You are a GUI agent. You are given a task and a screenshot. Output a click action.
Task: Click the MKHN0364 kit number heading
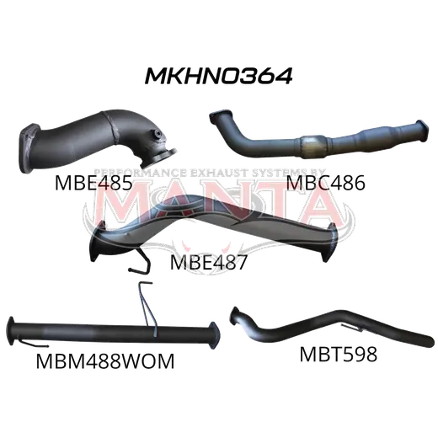[218, 76]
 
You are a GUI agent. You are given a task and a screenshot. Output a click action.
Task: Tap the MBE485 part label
[93, 183]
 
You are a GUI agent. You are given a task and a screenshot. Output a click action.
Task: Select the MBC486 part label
[325, 183]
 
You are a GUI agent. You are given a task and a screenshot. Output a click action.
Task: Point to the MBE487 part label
[209, 262]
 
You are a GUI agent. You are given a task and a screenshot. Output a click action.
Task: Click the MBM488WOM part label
[105, 361]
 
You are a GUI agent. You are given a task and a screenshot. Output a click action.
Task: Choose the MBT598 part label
[339, 355]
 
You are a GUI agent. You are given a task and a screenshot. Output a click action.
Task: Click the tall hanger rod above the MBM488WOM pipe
[148, 309]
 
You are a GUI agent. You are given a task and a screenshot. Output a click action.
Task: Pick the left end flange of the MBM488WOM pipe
[11, 331]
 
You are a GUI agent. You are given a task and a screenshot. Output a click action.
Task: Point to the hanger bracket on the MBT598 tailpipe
[351, 328]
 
